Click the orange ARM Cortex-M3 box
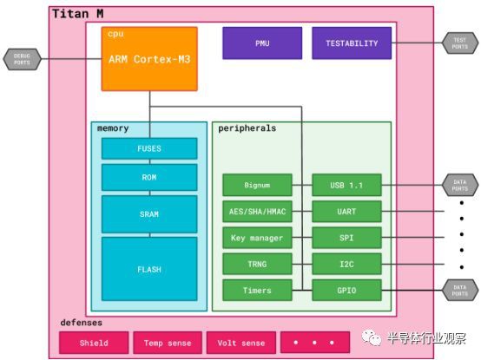tap(149, 58)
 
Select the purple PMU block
tap(262, 43)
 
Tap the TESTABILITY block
tap(352, 43)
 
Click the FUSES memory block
tap(149, 148)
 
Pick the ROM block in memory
tap(149, 178)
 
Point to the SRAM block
tap(149, 213)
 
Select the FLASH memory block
tap(149, 269)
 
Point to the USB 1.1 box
tap(346, 185)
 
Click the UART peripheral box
tap(346, 211)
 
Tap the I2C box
tap(346, 264)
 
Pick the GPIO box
tap(346, 290)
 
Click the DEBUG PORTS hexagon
tap(21, 59)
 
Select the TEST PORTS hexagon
tap(460, 43)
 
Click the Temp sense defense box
tap(168, 343)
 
